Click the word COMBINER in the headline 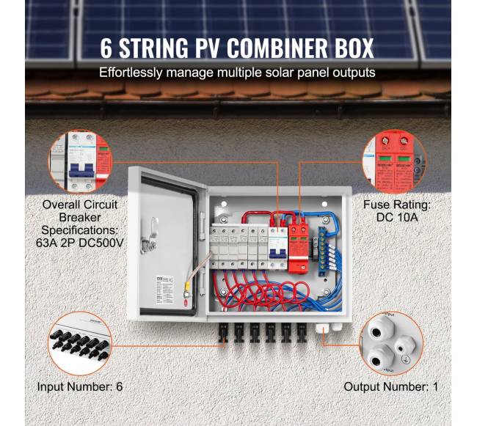[x=267, y=48]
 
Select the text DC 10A [x=396, y=218]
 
